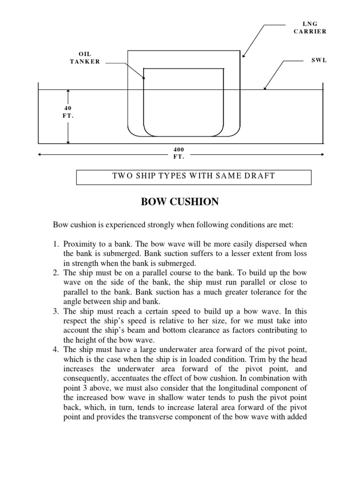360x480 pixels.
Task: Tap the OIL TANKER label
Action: point(85,58)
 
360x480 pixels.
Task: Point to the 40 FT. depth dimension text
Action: point(68,112)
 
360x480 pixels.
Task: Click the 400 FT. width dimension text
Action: point(179,153)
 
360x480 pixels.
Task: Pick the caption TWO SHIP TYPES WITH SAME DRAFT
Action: point(194,176)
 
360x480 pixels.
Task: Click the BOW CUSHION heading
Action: point(180,202)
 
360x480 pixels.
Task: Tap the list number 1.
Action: point(56,245)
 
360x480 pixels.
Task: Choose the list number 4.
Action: point(56,349)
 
